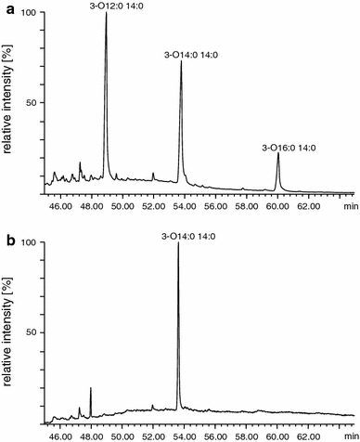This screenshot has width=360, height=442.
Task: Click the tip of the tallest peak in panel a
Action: (x=107, y=14)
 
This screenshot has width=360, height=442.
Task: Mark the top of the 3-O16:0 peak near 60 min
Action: (x=278, y=154)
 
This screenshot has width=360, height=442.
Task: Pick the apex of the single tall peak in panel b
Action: (x=178, y=244)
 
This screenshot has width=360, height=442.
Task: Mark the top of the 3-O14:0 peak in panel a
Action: (x=181, y=63)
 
